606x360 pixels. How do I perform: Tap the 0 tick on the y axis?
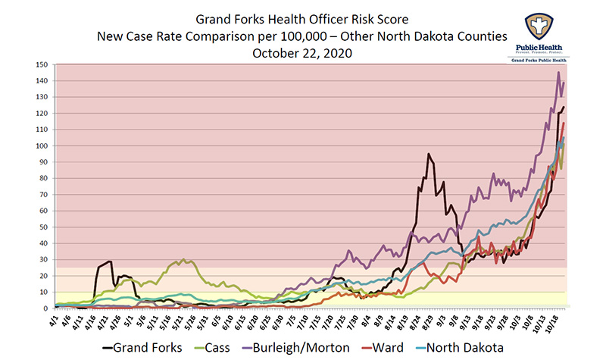46,308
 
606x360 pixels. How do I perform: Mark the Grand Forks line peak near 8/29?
429,154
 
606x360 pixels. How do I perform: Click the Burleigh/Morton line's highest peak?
558,73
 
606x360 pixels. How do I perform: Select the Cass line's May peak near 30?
182,259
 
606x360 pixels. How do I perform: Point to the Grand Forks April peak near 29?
111,261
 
